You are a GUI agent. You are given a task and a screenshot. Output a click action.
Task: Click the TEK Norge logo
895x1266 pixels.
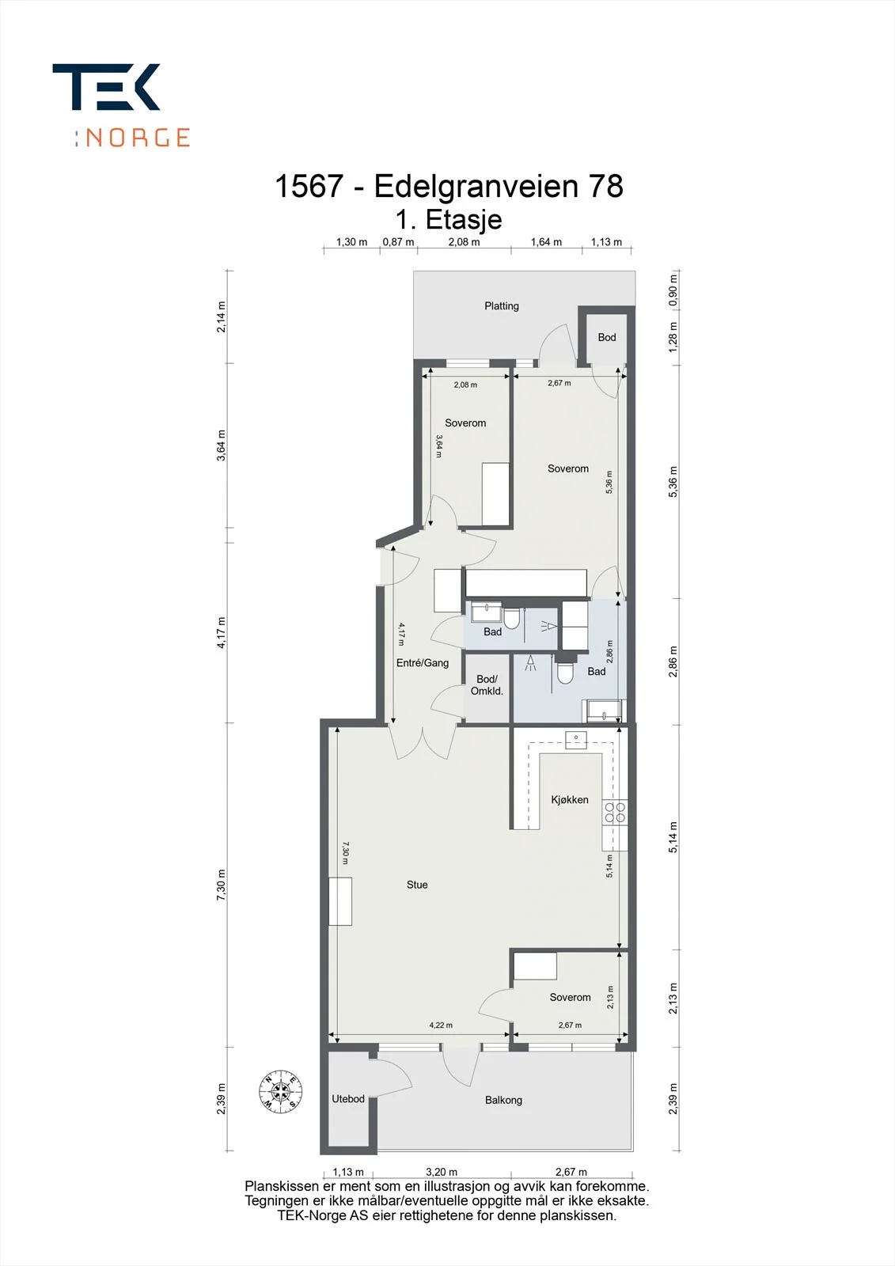tap(121, 105)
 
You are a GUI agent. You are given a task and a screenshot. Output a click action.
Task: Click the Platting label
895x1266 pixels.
tap(502, 305)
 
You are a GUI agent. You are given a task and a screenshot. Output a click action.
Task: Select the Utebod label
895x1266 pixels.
tap(347, 1099)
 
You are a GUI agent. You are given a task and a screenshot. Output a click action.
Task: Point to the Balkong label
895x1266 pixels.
tap(503, 1100)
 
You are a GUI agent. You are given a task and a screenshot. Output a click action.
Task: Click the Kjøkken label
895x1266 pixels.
tap(569, 799)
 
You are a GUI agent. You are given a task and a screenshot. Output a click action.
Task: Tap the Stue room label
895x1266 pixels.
tap(417, 885)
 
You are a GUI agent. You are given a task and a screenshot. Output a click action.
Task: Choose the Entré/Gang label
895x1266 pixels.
tap(423, 662)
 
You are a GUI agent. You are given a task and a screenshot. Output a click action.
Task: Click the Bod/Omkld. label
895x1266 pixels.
tap(487, 684)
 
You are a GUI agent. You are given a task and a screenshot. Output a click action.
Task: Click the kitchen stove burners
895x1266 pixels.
tap(615, 812)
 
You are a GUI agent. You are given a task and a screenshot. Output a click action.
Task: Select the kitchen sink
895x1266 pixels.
tap(576, 739)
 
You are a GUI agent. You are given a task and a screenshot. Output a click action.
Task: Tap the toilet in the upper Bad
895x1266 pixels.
tap(511, 618)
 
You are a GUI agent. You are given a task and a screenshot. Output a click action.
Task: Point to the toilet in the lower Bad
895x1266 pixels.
tap(565, 672)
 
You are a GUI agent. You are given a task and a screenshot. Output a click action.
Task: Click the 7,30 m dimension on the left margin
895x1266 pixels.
tap(221, 885)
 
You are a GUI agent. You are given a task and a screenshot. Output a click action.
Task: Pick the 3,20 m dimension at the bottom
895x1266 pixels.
tap(441, 1172)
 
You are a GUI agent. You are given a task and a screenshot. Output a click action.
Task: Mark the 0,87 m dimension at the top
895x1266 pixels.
tap(398, 242)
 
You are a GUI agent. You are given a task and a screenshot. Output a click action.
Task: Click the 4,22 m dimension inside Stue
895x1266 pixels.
tap(441, 1025)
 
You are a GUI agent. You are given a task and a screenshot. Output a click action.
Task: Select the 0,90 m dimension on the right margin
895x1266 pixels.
tap(673, 290)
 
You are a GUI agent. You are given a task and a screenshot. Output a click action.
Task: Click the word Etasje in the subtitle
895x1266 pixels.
tap(464, 219)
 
